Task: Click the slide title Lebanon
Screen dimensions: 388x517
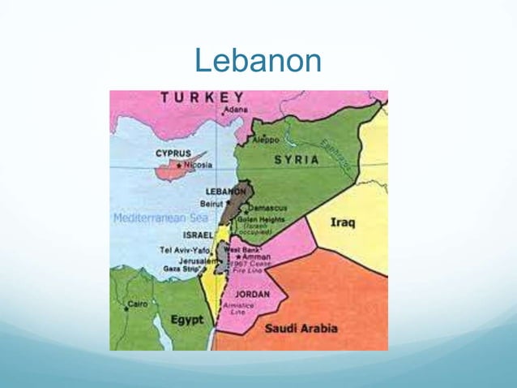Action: (258, 60)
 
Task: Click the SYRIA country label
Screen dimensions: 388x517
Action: (296, 160)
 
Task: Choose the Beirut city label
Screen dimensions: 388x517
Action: (211, 203)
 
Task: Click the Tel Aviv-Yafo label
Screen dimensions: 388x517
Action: (185, 249)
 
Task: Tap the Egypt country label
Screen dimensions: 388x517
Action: (186, 320)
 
